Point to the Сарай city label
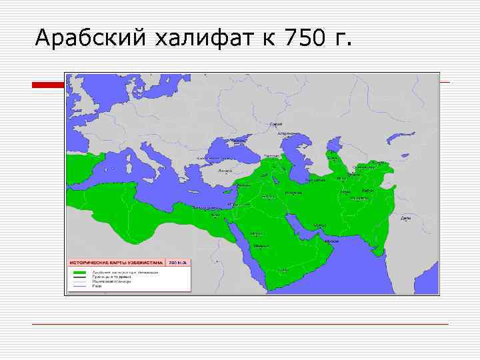point(275,125)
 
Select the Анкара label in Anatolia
point(225,171)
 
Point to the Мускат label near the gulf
point(320,225)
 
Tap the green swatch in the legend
point(79,273)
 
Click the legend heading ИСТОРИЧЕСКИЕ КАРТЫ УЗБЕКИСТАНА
point(116,263)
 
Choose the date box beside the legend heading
point(178,263)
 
